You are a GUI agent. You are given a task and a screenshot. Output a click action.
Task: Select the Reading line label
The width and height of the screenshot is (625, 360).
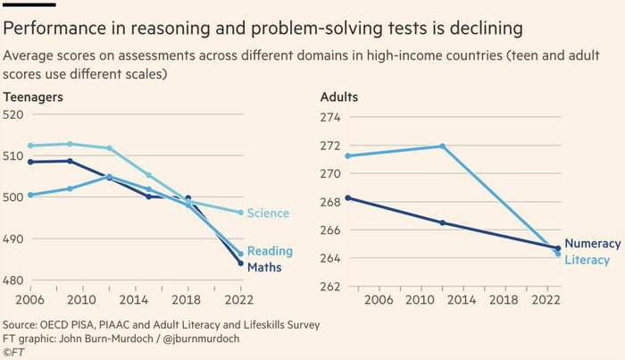[x=270, y=251]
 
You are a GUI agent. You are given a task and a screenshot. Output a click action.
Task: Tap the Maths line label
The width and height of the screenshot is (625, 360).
[x=265, y=266]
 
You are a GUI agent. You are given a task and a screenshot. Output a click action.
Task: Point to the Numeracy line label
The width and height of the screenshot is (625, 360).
[x=594, y=243]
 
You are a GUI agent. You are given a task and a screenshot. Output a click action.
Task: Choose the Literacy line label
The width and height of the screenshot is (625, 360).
[x=588, y=260]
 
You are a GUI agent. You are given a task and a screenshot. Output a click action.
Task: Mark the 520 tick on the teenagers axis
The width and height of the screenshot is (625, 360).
[x=14, y=114]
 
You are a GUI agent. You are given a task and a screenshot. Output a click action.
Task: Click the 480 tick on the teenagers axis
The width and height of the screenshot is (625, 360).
[x=14, y=280]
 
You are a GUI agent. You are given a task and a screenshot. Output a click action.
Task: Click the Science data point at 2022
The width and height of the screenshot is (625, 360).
[x=240, y=213]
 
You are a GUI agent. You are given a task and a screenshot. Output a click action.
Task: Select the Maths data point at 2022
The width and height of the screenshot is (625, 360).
[x=240, y=264]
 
